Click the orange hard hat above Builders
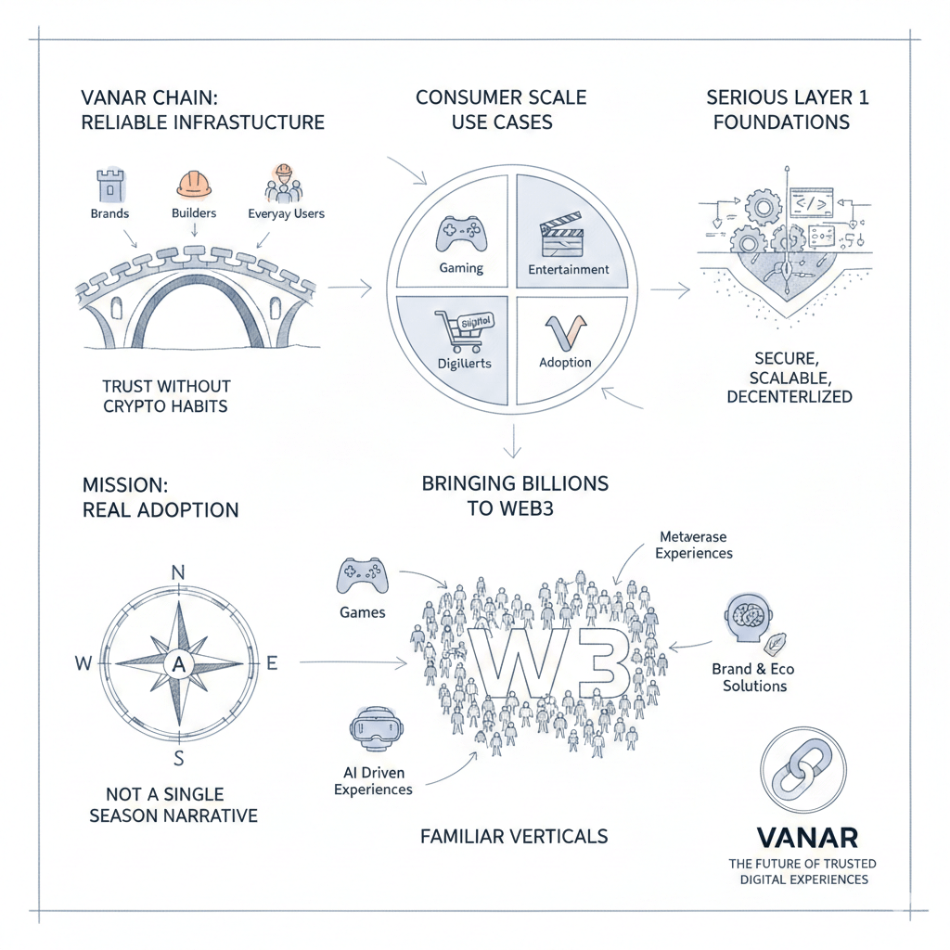tap(193, 184)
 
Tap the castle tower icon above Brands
tap(109, 185)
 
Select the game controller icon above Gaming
tap(460, 234)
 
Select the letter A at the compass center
tap(179, 663)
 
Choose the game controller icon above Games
tap(361, 574)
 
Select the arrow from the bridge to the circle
tap(350, 289)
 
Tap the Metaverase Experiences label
tap(694, 545)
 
